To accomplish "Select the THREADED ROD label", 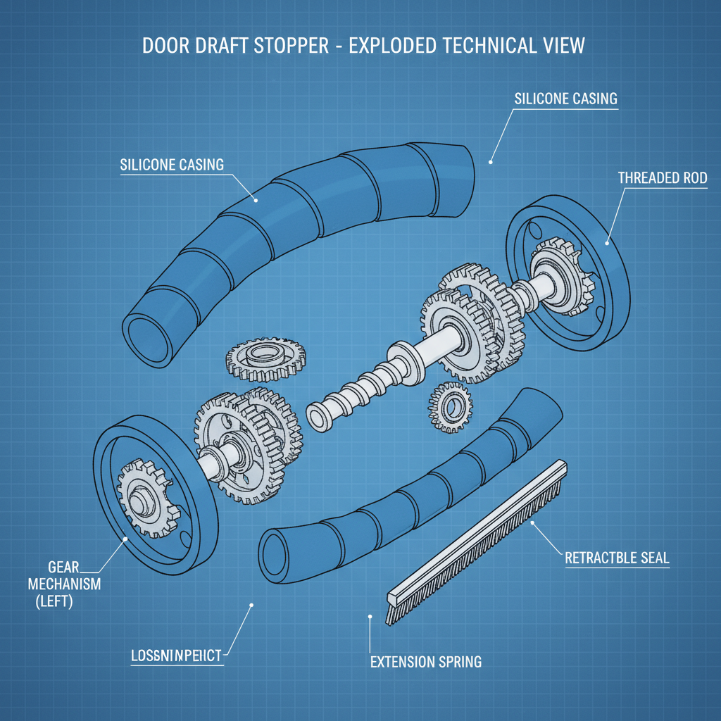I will click(662, 178).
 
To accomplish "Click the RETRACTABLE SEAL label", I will click(617, 558).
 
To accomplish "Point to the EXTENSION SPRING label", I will click(425, 662).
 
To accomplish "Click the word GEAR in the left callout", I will click(63, 567).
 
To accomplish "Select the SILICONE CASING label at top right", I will click(565, 99).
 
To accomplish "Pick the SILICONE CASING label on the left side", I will click(172, 165).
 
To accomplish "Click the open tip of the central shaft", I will click(318, 416).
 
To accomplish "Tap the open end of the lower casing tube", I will click(276, 551).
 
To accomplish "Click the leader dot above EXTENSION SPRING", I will click(370, 617).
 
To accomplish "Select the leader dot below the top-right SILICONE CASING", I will click(491, 161).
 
